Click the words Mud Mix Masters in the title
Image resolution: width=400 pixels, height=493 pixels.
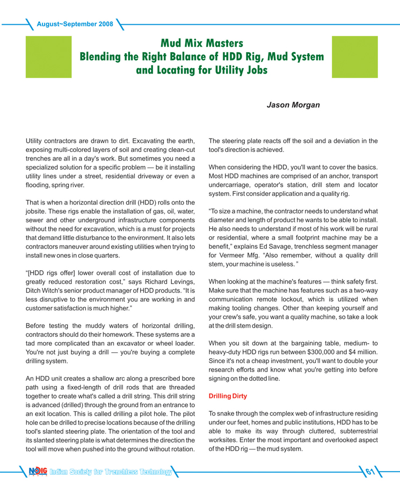pyautogui.click(x=200, y=42)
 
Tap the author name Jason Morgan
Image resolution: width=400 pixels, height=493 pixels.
pyautogui.click(x=293, y=106)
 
